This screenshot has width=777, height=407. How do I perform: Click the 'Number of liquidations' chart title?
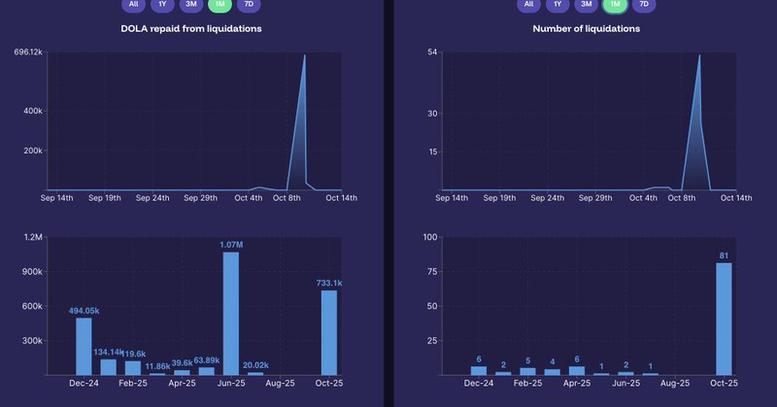pyautogui.click(x=586, y=28)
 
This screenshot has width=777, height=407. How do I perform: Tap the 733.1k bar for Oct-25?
pyautogui.click(x=329, y=332)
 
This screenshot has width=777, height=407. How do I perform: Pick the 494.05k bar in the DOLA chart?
pyautogui.click(x=84, y=346)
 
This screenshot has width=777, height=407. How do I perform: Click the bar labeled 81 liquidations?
pyautogui.click(x=724, y=319)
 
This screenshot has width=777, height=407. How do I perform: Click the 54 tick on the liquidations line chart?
pyautogui.click(x=432, y=51)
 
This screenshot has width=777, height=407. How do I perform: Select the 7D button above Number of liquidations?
pyautogui.click(x=642, y=5)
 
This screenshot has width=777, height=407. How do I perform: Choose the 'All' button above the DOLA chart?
pyautogui.click(x=133, y=5)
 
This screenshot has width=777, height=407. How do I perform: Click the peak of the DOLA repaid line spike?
pyautogui.click(x=304, y=55)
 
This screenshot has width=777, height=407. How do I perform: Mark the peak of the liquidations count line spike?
pyautogui.click(x=699, y=55)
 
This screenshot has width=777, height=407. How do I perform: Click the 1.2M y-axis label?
pyautogui.click(x=32, y=237)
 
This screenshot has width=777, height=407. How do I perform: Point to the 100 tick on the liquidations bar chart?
pyautogui.click(x=430, y=237)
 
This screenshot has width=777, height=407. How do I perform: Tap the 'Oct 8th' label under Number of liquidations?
pyautogui.click(x=689, y=198)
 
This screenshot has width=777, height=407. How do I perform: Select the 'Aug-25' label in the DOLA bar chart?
pyautogui.click(x=281, y=384)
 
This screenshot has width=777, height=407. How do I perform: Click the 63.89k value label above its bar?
pyautogui.click(x=206, y=361)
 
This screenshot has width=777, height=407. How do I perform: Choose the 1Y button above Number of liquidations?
pyautogui.click(x=557, y=5)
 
